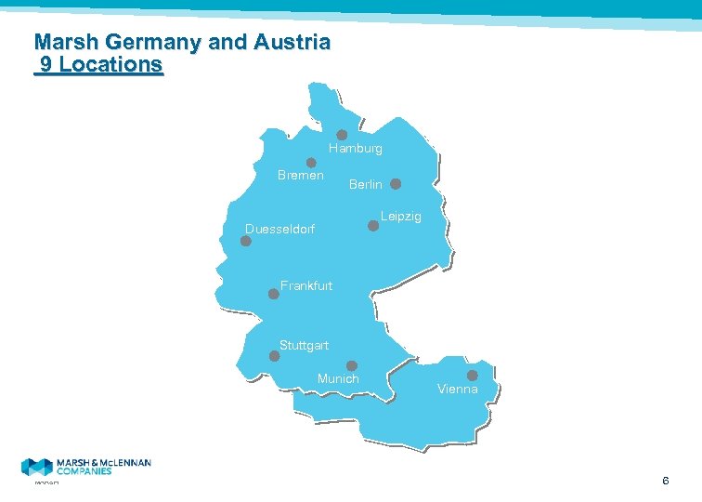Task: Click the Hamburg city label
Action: [355, 149]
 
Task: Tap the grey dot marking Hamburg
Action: [342, 135]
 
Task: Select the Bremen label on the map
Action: [301, 176]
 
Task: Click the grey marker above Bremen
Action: [312, 163]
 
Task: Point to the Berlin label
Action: [366, 185]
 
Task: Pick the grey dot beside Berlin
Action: [396, 184]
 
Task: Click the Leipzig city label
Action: [401, 217]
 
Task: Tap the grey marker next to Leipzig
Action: [373, 224]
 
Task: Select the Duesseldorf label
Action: [279, 229]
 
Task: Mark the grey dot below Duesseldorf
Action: [246, 241]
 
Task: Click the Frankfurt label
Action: [306, 286]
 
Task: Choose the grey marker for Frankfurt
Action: [274, 294]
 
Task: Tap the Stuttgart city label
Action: [305, 346]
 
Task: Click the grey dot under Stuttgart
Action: [274, 355]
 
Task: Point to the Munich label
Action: [338, 379]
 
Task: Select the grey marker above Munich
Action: [352, 365]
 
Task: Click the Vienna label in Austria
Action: [458, 390]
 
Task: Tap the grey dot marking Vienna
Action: [472, 376]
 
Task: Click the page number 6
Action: [666, 481]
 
